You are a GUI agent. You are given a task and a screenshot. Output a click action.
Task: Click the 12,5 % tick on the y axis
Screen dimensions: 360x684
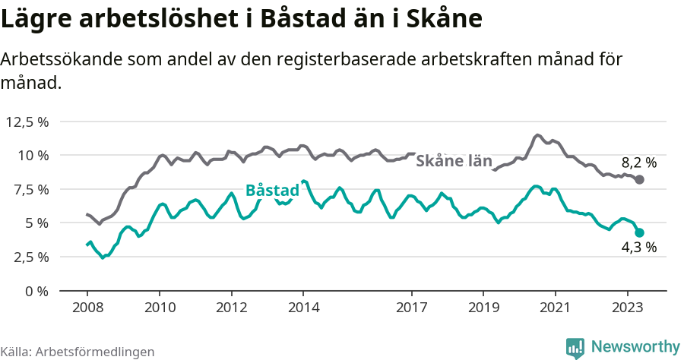click(x=27, y=122)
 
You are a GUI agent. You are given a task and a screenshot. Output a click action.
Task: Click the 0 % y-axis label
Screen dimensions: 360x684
click(x=35, y=291)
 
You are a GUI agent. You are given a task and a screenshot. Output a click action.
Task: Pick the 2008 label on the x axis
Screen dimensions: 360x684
click(x=87, y=308)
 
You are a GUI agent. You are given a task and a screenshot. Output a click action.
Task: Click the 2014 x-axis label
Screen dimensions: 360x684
click(x=303, y=308)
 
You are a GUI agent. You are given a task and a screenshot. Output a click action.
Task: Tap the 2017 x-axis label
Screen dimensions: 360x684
click(x=411, y=308)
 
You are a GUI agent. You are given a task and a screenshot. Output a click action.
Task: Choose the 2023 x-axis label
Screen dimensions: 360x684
click(x=628, y=308)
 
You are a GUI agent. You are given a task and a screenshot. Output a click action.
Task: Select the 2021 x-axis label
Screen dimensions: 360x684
click(x=556, y=308)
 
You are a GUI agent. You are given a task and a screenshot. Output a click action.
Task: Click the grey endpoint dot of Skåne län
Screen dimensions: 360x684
click(x=640, y=179)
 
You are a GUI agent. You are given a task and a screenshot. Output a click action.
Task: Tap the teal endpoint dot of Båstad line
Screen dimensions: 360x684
click(x=640, y=233)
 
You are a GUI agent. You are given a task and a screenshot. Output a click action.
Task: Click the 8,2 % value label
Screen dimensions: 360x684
click(x=638, y=162)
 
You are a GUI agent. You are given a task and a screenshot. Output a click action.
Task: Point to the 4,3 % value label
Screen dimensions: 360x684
click(x=638, y=248)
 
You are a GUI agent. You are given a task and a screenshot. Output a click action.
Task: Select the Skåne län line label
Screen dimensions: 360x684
click(x=454, y=161)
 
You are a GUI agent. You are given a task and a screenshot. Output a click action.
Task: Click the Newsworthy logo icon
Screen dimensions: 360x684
click(x=575, y=347)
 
